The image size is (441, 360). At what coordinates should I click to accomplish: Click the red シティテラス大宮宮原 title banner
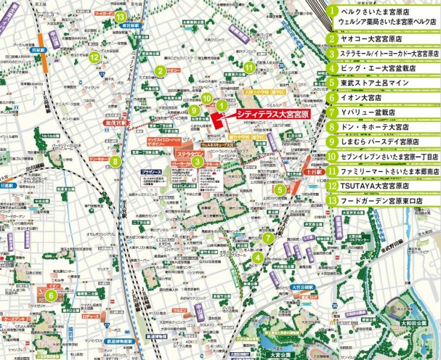(x=263, y=112)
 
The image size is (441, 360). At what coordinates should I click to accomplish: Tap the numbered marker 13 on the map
(x=120, y=17)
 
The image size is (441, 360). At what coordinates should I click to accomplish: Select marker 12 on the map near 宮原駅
(x=94, y=58)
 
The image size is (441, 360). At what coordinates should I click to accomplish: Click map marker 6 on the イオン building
(x=52, y=295)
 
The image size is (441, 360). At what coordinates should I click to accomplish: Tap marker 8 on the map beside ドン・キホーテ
(x=114, y=160)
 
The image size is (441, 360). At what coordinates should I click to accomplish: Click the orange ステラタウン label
(x=191, y=153)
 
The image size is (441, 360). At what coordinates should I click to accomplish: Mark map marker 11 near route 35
(x=248, y=67)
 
